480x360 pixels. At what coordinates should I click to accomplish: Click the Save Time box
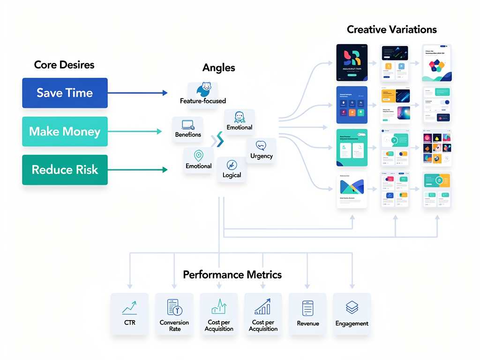(x=65, y=93)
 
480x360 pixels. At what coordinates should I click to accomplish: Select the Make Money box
(x=65, y=131)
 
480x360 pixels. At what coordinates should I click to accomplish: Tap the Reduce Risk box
(x=65, y=170)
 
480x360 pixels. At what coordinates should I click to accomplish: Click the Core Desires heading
(x=64, y=65)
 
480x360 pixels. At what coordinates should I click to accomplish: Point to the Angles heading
(x=218, y=67)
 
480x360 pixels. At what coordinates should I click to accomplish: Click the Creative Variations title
(x=391, y=30)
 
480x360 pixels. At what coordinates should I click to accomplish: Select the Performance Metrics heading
(x=232, y=274)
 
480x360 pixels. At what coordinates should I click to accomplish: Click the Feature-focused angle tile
(x=202, y=94)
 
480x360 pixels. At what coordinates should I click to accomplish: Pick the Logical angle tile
(x=232, y=169)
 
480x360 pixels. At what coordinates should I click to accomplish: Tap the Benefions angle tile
(x=188, y=128)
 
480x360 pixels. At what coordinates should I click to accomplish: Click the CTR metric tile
(x=129, y=313)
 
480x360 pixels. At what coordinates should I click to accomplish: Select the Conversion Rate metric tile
(x=174, y=313)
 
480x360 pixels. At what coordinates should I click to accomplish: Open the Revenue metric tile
(x=307, y=313)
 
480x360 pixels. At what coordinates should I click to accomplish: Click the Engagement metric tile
(x=352, y=313)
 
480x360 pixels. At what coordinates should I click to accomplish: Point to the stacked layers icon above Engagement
(x=352, y=307)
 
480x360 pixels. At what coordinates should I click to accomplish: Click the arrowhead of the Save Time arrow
(x=165, y=93)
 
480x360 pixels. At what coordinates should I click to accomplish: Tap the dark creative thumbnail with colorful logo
(x=352, y=63)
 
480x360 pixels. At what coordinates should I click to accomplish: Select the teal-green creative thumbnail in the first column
(x=352, y=148)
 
